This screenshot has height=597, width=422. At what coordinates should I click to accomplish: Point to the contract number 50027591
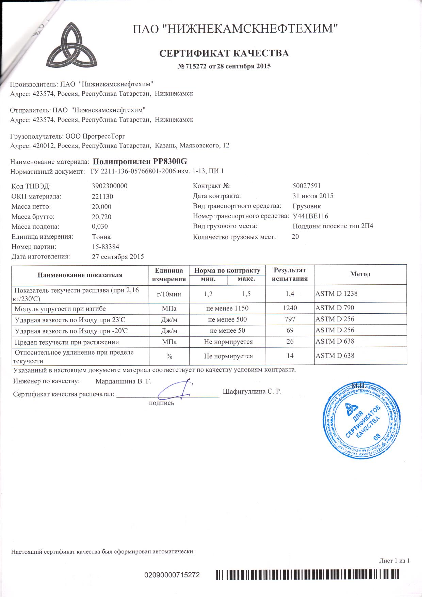[306, 186]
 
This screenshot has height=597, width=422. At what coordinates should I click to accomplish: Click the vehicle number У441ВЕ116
[310, 216]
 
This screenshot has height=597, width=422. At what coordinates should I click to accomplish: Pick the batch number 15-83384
[105, 247]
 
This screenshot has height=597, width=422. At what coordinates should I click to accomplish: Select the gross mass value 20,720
[101, 217]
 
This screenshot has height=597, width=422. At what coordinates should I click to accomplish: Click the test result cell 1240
[290, 308]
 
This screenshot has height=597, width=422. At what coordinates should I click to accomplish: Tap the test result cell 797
[290, 319]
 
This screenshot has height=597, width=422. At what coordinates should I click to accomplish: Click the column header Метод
[360, 274]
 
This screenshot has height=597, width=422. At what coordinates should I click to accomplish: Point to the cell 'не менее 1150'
[227, 308]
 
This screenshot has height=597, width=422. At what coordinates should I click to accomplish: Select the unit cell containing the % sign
[169, 356]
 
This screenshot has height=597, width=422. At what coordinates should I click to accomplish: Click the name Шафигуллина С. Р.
[252, 392]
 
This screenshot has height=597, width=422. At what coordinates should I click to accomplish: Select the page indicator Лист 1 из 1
[394, 561]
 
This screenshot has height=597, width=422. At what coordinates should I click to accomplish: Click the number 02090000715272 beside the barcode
[172, 575]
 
